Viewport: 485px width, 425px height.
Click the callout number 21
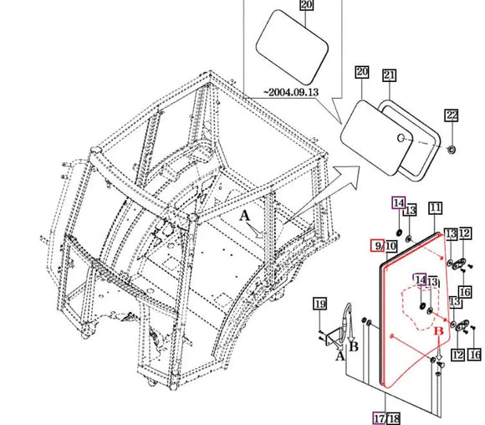tap(389, 75)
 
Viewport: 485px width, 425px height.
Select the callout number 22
tap(452, 115)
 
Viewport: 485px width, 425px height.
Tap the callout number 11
tap(435, 207)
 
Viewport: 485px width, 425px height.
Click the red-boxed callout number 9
tap(377, 245)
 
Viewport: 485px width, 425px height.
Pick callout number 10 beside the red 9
tap(391, 246)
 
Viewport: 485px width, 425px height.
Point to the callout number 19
tap(319, 304)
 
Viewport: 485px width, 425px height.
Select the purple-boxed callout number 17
tap(379, 418)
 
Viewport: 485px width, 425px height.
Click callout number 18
tap(393, 419)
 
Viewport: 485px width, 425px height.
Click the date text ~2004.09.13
tap(291, 92)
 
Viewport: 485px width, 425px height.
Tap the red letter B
tap(439, 331)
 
